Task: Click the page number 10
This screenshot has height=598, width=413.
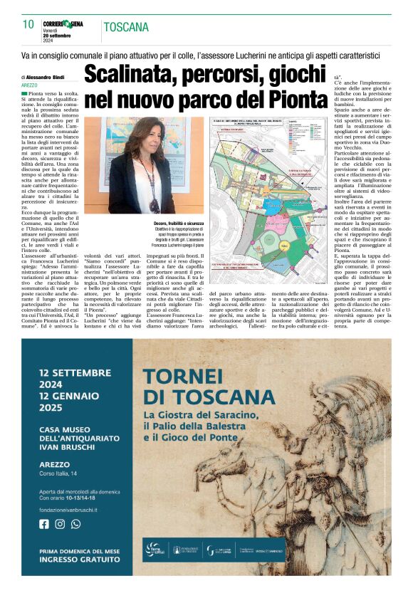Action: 28,24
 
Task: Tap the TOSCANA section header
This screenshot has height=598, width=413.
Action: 127,27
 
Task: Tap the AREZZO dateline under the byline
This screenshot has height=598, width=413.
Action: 29,85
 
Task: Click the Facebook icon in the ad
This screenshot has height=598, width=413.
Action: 44,524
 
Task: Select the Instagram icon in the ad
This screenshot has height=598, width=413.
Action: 60,524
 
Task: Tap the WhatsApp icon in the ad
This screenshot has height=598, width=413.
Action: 75,524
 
